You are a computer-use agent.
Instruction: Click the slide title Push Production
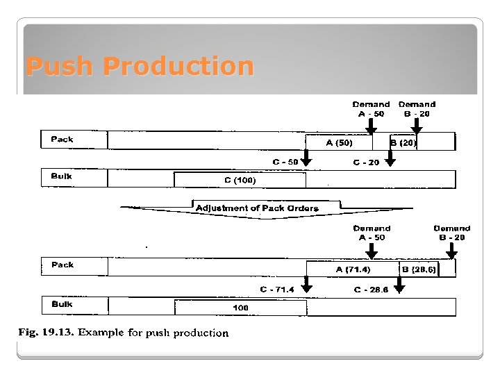click(140, 67)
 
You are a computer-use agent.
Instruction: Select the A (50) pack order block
click(340, 143)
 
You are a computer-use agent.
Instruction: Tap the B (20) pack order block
click(403, 143)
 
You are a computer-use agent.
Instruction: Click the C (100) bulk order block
click(240, 181)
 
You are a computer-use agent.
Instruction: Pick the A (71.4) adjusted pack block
click(353, 269)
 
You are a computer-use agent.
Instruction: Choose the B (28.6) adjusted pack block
click(418, 269)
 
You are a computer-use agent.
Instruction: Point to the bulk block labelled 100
click(240, 307)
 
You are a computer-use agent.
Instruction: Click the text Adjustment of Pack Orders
click(257, 208)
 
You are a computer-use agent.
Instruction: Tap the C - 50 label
click(285, 162)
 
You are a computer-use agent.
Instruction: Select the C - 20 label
click(366, 162)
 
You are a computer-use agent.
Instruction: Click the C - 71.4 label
click(277, 288)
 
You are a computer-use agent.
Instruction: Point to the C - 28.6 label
click(371, 289)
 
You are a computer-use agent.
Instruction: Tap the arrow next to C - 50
click(307, 160)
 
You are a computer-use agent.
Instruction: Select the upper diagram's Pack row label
click(62, 140)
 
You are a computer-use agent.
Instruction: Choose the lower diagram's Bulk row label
click(62, 304)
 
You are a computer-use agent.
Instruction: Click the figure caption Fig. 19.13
click(123, 333)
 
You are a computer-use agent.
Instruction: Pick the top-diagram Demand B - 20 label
click(417, 109)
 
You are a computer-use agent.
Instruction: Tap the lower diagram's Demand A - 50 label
click(372, 233)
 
